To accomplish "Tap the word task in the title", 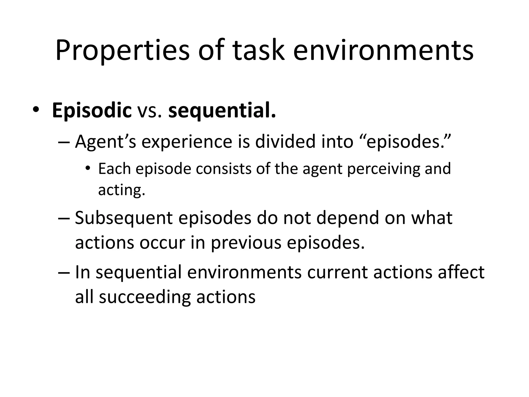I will point(258,50).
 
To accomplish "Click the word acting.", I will point(122,190).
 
